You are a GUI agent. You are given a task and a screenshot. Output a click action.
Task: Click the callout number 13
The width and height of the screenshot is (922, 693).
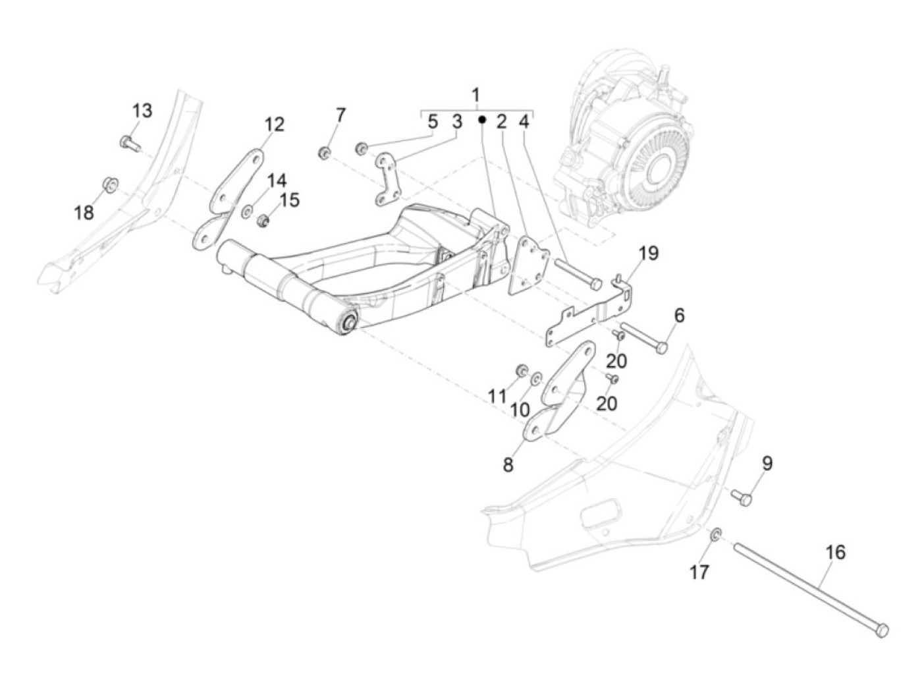[142, 111]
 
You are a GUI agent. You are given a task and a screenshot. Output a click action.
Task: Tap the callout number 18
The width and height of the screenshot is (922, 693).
[84, 212]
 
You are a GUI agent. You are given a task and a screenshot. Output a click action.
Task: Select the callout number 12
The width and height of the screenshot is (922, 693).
[274, 125]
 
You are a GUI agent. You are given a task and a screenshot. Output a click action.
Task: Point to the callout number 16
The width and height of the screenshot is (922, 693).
[836, 552]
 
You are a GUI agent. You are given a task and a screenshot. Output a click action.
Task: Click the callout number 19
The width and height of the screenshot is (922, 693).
[649, 253]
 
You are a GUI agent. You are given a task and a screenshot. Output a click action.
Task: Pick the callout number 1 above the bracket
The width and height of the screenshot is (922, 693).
[475, 96]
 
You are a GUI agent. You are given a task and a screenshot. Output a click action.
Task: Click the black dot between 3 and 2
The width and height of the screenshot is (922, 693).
[482, 120]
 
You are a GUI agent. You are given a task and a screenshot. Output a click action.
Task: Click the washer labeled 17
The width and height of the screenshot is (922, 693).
[716, 534]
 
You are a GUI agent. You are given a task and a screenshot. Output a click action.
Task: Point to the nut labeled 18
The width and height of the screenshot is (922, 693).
[110, 185]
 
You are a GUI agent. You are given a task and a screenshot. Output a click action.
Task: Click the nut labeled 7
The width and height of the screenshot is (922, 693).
[324, 153]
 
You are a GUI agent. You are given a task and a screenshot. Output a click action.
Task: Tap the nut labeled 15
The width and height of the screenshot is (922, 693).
[263, 220]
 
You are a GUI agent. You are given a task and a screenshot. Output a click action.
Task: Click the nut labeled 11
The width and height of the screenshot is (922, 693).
[522, 370]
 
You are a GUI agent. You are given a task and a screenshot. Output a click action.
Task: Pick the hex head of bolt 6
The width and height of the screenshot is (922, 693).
[661, 348]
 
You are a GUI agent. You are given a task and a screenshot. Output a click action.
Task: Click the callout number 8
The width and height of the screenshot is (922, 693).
[508, 465]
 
